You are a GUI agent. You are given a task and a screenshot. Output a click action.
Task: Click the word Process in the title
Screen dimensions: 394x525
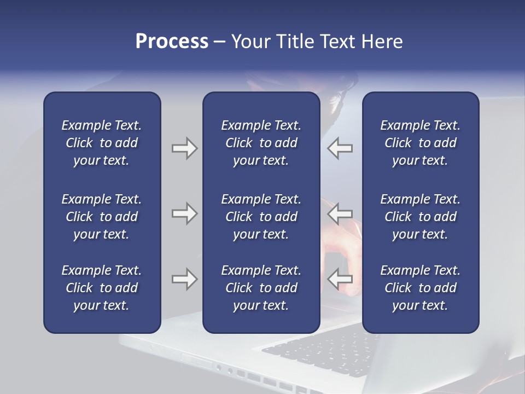point(172,42)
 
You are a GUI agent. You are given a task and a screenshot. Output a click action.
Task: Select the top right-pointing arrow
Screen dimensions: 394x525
point(184,148)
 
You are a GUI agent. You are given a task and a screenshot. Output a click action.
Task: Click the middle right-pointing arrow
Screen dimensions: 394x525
point(184,213)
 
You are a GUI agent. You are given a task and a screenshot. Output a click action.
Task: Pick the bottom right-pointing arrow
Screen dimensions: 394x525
point(184,279)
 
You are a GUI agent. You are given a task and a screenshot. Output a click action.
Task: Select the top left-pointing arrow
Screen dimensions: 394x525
point(340,148)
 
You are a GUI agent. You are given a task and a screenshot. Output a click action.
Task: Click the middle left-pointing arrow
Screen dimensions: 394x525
point(340,213)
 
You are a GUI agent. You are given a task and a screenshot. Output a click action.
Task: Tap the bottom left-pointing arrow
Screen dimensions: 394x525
point(340,279)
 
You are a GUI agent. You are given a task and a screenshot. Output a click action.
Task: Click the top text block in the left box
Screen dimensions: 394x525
point(102,143)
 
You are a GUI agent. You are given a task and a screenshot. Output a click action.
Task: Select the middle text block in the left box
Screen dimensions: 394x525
point(102,217)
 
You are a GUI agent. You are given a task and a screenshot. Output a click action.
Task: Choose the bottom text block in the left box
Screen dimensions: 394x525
point(102,288)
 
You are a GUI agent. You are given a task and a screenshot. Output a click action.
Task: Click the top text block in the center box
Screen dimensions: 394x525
point(261,143)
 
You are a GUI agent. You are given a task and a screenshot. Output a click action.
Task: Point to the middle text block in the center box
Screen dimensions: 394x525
point(261,217)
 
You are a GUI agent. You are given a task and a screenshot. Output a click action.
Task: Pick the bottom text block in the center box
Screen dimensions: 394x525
point(261,288)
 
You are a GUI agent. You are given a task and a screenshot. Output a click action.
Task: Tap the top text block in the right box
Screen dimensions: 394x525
point(420,143)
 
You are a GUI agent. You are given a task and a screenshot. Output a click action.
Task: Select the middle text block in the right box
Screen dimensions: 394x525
point(420,217)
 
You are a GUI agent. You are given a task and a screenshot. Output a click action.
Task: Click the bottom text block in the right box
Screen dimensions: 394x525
point(420,288)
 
